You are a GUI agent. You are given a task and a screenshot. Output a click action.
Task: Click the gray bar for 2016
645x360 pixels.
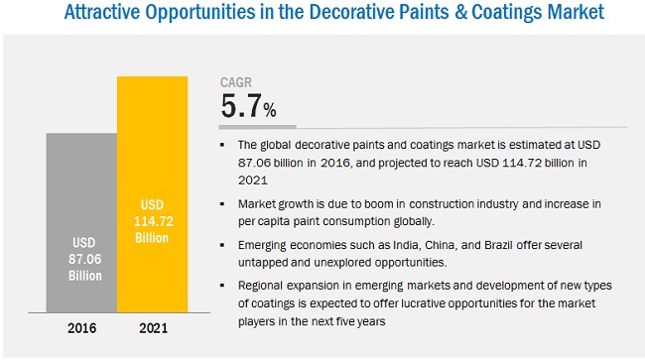click(x=81, y=222)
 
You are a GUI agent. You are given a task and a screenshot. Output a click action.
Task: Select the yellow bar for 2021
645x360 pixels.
click(x=152, y=194)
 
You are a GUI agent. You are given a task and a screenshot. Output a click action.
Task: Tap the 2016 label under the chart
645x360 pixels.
click(x=81, y=328)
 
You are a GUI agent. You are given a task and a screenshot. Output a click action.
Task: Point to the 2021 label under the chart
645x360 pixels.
click(x=154, y=328)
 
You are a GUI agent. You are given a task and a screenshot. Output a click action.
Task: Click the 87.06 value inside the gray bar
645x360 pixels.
click(x=84, y=259)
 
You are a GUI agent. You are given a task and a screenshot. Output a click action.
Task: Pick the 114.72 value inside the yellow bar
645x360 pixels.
click(x=154, y=221)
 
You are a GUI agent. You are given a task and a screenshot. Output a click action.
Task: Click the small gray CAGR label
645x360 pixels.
click(x=236, y=82)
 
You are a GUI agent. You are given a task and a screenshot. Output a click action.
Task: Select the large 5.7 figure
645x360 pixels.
click(x=241, y=106)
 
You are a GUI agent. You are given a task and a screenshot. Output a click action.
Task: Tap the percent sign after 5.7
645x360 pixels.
click(x=270, y=110)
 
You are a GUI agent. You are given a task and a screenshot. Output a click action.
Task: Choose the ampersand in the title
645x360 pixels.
click(x=460, y=12)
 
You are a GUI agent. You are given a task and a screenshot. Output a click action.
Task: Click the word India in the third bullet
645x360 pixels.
click(x=407, y=245)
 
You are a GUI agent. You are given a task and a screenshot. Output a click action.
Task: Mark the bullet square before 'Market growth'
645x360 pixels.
click(x=222, y=204)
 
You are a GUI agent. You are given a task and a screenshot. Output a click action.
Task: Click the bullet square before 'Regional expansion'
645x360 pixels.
click(x=222, y=286)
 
